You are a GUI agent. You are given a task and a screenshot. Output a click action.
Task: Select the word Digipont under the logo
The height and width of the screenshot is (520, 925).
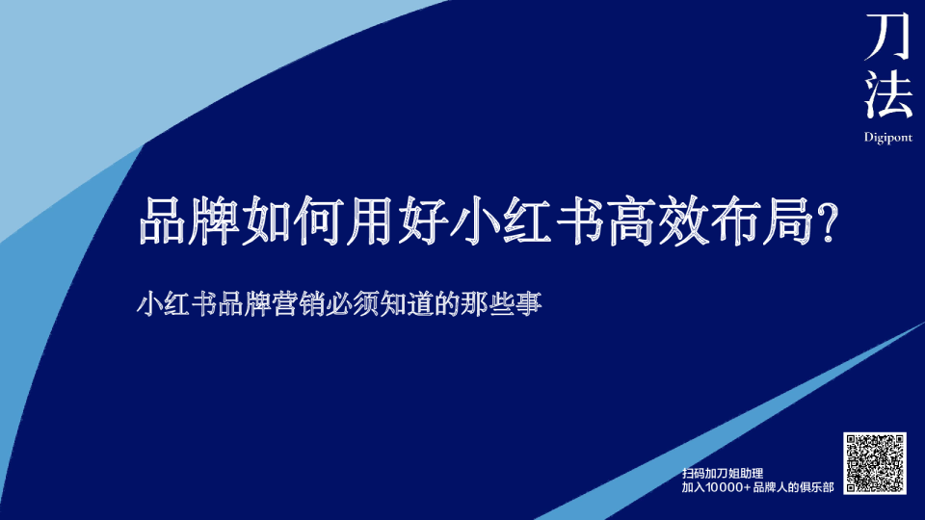[887, 138]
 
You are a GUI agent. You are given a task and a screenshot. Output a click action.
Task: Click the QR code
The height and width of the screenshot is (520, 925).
[876, 463]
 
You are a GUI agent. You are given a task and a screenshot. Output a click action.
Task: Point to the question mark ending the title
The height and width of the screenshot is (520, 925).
[825, 222]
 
